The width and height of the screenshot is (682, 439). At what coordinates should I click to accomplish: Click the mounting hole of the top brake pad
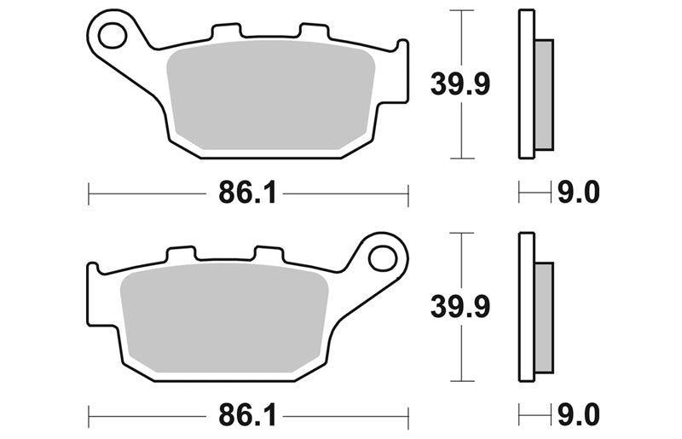(113, 35)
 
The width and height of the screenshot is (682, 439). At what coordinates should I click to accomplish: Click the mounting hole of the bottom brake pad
(383, 258)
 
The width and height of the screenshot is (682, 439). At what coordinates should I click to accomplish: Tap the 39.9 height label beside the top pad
(460, 84)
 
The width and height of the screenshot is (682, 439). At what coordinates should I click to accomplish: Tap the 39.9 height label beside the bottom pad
(460, 307)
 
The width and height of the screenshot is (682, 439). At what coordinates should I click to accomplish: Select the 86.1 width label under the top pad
(247, 193)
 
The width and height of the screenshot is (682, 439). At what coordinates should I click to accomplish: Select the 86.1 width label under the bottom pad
(247, 414)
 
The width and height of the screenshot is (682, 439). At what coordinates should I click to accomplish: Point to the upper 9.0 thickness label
(579, 192)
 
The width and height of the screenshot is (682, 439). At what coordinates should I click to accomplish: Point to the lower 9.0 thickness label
(579, 414)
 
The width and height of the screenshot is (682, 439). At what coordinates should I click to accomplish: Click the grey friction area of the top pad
(270, 95)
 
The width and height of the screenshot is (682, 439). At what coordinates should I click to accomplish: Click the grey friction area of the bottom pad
(223, 318)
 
